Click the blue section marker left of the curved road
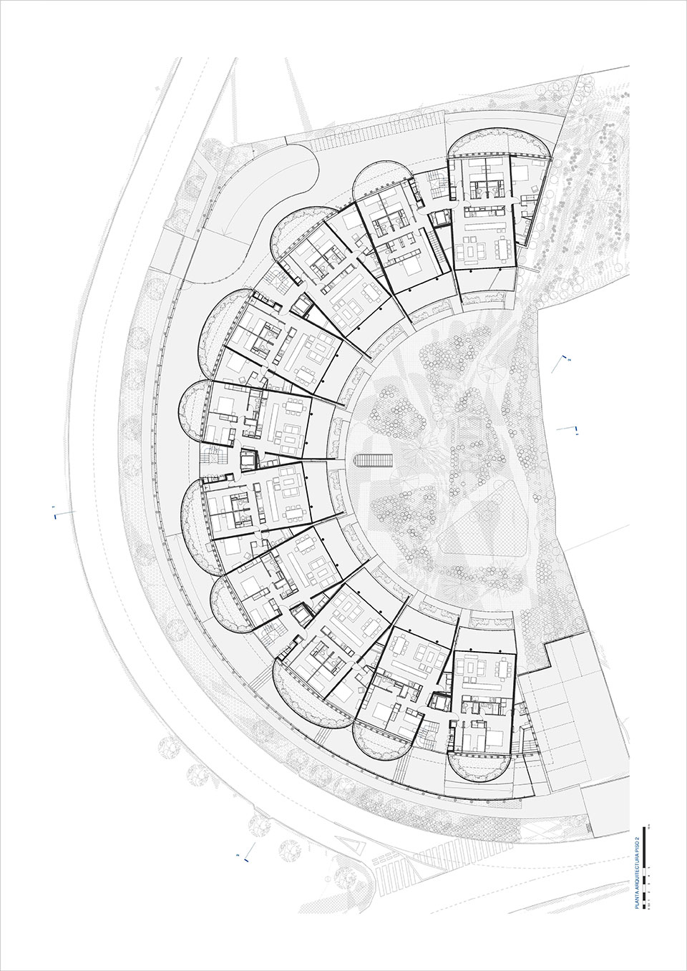[56, 512]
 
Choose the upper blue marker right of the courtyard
[566, 357]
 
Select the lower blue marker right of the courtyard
[575, 429]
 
